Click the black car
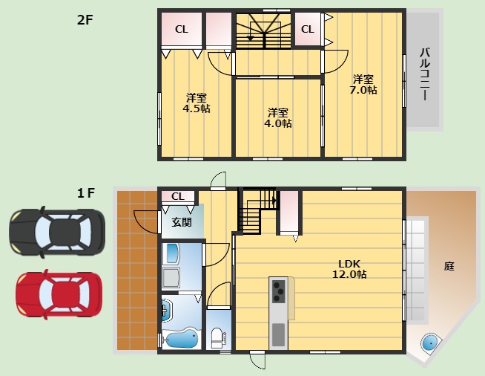(57, 232)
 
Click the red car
(59, 294)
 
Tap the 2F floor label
(85, 20)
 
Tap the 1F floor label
(86, 193)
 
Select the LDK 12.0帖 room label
(349, 269)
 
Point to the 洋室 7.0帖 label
(363, 84)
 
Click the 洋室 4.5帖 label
(197, 103)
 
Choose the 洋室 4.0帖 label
(278, 118)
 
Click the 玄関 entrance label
(182, 222)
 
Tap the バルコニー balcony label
(426, 74)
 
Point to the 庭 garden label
(449, 266)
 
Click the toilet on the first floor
(217, 338)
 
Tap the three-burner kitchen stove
(278, 291)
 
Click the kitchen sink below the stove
(278, 335)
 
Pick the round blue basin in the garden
(429, 343)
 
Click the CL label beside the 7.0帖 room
(308, 29)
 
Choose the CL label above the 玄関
(177, 196)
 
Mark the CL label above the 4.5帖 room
(181, 29)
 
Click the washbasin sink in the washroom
(168, 311)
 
